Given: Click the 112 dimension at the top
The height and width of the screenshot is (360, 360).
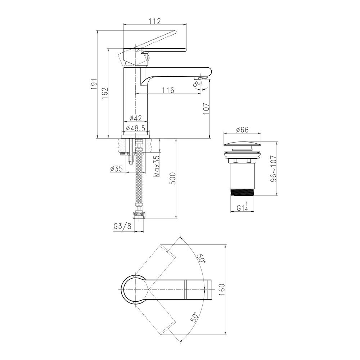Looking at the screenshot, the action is (154, 21).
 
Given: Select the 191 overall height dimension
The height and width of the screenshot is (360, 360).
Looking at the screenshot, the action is (94, 84).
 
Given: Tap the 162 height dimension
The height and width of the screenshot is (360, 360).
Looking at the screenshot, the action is (105, 93).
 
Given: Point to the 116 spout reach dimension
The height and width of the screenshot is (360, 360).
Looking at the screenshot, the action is (168, 90).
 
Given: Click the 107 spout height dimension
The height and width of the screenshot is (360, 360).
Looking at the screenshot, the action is (206, 108).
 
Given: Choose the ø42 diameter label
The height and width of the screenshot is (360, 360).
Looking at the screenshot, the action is (135, 118).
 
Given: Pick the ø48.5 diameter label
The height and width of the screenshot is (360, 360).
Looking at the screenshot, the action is (135, 128).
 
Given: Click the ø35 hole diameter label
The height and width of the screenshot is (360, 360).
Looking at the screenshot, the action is (116, 169).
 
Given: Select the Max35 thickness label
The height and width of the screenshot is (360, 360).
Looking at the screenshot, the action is (157, 166).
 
